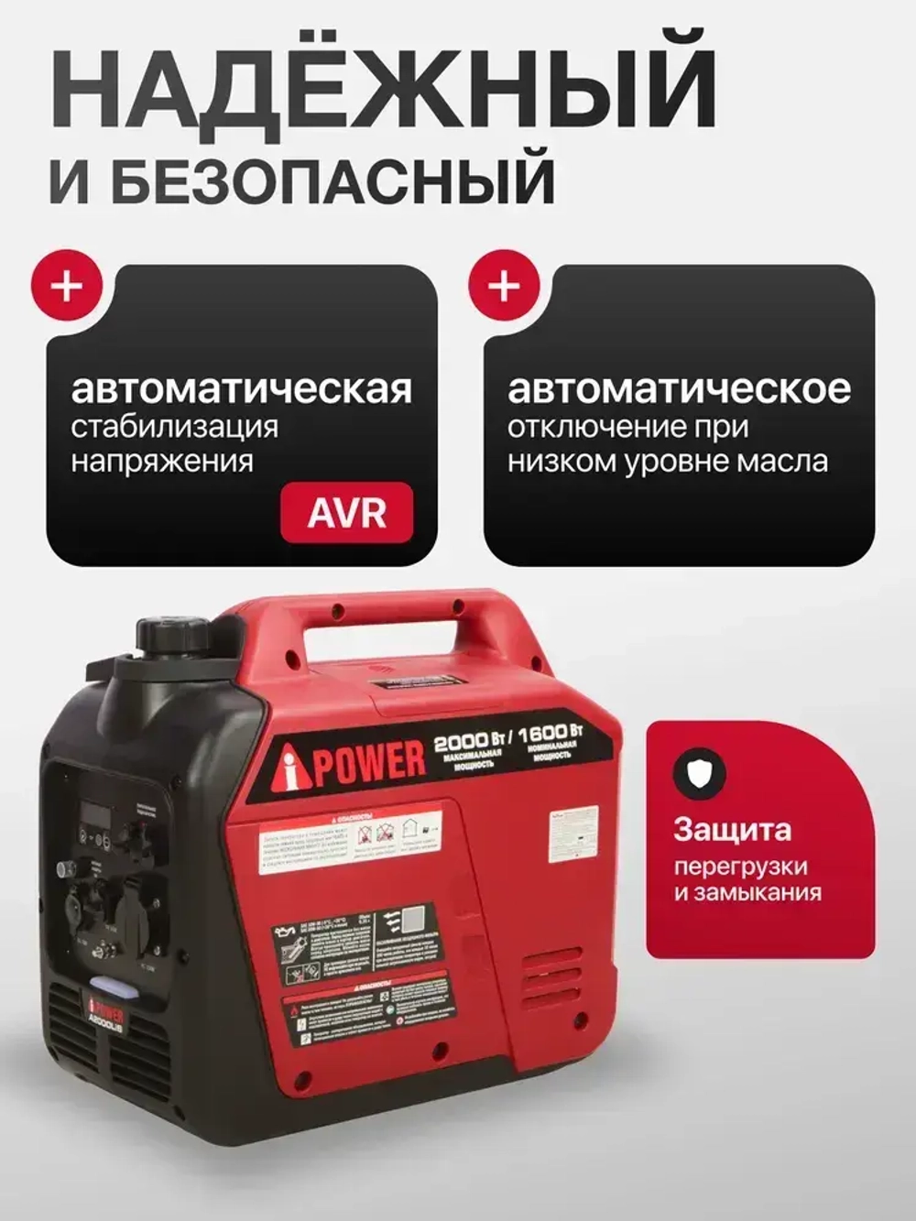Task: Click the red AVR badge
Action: click(x=346, y=512)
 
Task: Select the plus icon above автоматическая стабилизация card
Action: click(x=67, y=286)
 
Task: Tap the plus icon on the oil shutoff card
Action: click(x=503, y=286)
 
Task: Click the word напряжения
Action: click(x=162, y=460)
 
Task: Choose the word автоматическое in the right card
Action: click(x=679, y=388)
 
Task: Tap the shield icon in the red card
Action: click(x=700, y=773)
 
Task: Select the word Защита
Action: click(x=732, y=830)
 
